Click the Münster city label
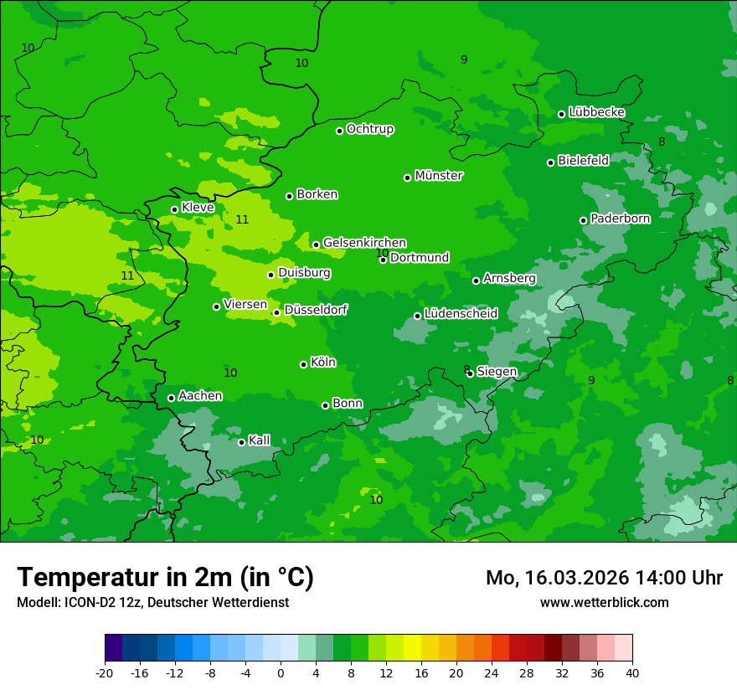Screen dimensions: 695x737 pos(439,176)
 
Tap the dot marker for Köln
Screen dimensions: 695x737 pos(303,364)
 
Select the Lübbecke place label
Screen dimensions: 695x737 pos(596,112)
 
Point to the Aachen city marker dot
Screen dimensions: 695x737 pos(171,398)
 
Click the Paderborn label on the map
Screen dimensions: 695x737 pos(620,219)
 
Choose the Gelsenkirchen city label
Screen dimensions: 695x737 pos(364,243)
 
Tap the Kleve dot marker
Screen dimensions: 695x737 pos(174,209)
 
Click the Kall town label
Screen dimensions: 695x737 pos(260,440)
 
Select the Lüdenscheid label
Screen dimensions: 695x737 pos(461,314)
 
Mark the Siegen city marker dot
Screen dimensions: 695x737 pos(470,373)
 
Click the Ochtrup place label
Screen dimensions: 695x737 pos(370,129)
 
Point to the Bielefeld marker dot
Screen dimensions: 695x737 pos(550,162)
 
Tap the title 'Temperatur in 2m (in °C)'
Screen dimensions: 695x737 pos(165,578)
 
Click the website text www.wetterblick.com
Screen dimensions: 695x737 pos(604,602)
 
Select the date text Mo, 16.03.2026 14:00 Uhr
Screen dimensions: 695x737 pos(604,578)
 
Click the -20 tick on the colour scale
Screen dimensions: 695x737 pos(105,672)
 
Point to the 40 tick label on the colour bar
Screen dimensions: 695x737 pos(632,672)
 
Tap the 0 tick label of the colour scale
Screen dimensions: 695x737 pos(281,672)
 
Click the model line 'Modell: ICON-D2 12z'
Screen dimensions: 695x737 pos(152,602)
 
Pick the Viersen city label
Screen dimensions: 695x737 pos(245,305)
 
